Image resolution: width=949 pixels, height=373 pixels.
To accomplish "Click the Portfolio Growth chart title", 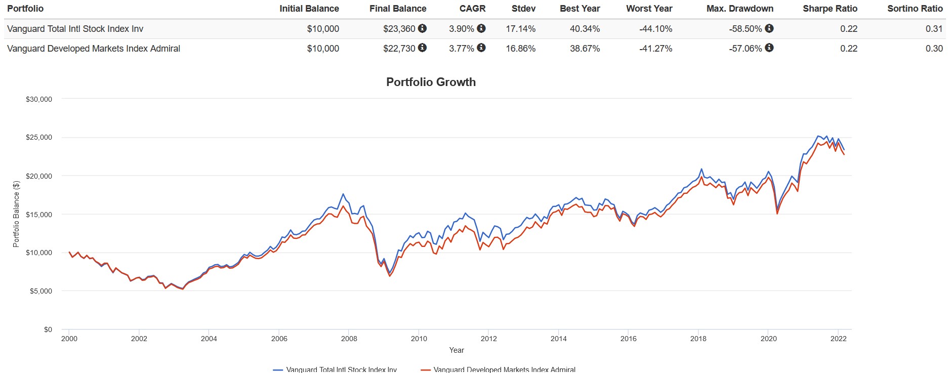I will coord(431,82).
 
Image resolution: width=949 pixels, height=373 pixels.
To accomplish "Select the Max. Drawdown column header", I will coord(739,9).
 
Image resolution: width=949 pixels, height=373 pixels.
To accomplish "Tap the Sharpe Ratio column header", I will coord(830,9).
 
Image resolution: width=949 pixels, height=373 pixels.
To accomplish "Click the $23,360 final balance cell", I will coord(399,29).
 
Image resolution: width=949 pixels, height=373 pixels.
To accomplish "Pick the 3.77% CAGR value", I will coord(461,49).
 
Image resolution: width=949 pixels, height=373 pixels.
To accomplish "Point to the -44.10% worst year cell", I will coord(655,29).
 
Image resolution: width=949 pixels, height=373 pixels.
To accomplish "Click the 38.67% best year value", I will coord(585,49).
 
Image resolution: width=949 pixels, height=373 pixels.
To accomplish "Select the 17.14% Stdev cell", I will coord(520,29).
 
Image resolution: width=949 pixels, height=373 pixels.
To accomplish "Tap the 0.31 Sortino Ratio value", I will coord(934,29).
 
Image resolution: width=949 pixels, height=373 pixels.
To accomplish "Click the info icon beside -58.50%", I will coord(769,28).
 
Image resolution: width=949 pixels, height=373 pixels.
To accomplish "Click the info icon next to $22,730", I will coord(422,48).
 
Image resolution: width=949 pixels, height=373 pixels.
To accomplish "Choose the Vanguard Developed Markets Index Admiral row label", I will coord(94,49).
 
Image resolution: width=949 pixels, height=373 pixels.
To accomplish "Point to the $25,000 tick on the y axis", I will coord(39,138).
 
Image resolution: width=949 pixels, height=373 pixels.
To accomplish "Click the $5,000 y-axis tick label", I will coord(40,291).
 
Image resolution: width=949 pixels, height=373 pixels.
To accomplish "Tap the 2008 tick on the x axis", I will coord(349,339).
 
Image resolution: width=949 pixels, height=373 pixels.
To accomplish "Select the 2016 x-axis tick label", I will coord(628,339).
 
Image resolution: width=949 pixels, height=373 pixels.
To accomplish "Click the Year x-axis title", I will coord(456,350).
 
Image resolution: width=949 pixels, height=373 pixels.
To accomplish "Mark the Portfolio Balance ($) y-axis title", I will coord(16,214).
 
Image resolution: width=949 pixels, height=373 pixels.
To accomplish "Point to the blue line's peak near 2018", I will coord(701,169).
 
